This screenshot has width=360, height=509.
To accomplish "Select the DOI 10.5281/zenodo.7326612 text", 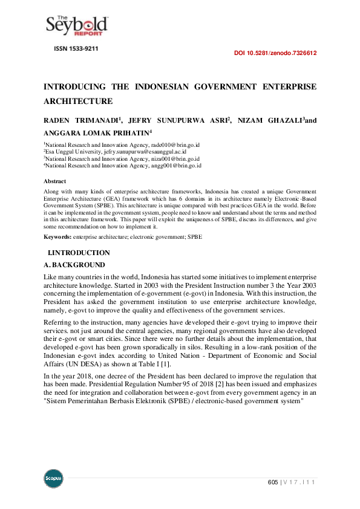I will coord(275,53).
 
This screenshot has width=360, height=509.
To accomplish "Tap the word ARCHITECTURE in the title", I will coord(78,102).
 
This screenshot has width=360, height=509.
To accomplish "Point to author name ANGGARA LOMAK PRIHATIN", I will coord(96,134).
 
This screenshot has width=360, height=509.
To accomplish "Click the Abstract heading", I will coord(54,181).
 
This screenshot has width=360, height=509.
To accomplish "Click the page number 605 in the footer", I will coord(272,482).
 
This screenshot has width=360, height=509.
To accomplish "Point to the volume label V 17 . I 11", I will coord(301,482).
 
